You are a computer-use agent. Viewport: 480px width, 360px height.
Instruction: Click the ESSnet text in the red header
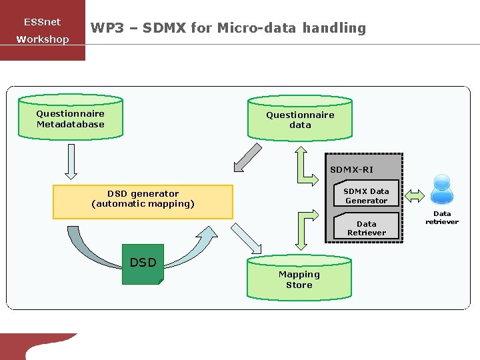[x=42, y=22]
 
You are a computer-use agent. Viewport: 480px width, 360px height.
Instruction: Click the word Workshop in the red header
[x=43, y=39]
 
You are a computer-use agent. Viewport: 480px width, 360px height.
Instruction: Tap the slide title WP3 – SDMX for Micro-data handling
[x=228, y=28]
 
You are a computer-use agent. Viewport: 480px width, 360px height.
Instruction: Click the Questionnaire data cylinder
[x=300, y=119]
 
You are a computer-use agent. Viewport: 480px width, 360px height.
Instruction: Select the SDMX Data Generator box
[x=366, y=195]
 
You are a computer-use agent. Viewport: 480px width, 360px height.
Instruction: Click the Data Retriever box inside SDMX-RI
[x=366, y=227]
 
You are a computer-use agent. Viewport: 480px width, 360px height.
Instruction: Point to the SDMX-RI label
[x=351, y=169]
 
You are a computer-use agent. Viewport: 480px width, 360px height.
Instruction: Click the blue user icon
[x=442, y=189]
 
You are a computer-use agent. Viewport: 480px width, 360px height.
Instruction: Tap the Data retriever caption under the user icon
[x=442, y=218]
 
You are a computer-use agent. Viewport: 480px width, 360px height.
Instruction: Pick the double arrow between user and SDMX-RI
[x=414, y=195]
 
